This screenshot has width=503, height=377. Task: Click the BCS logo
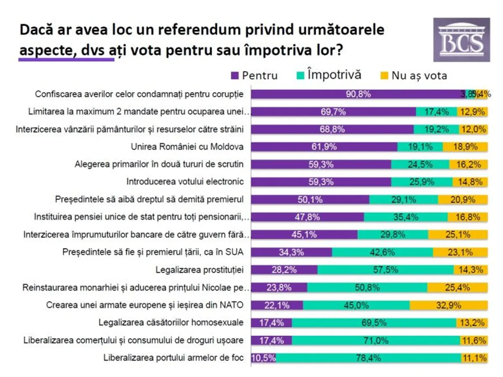pos(462,40)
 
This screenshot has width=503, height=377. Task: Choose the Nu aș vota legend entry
pos(415,75)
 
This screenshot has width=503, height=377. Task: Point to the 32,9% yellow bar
pos(449,305)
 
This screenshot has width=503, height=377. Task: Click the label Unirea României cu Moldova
pos(187,147)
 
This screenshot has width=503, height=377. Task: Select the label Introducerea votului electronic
pos(185,182)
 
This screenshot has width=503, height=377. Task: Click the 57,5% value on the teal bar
pos(386,270)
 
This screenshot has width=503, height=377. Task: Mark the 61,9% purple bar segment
pos(324,147)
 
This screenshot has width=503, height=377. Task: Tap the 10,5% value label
pos(263,358)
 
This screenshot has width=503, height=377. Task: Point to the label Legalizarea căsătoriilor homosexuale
pos(171,323)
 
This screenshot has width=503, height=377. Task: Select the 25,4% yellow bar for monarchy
pos(457,287)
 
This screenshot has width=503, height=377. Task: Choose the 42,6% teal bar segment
pos(382,252)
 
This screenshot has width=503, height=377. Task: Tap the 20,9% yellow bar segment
pos(463,199)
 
